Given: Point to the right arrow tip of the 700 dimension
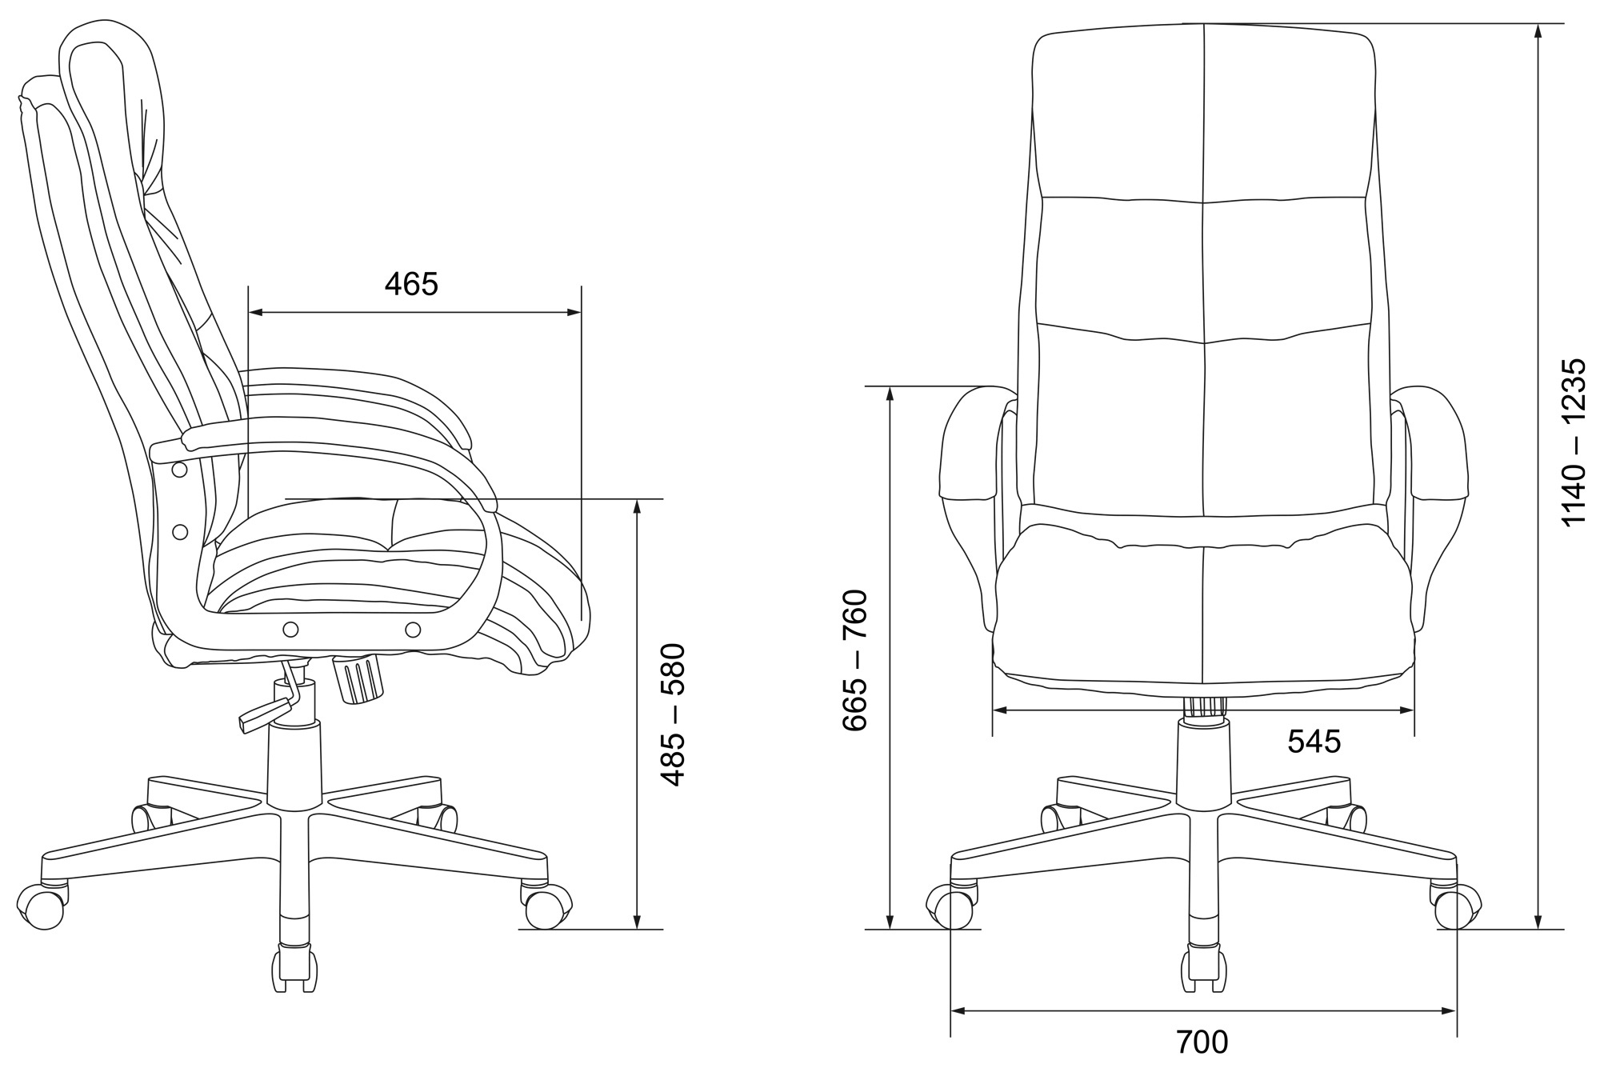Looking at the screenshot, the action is (x=1456, y=1011).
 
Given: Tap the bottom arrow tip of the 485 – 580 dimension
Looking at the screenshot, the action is (x=637, y=929).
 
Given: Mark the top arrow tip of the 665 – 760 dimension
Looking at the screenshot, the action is (x=890, y=387).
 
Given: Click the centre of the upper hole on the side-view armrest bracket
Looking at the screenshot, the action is (x=180, y=470).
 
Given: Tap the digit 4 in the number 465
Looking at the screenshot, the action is (x=394, y=284).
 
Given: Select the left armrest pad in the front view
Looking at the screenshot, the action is (x=969, y=443).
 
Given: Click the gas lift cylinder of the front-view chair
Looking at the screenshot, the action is (x=1202, y=761).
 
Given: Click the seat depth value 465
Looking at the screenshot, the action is (x=411, y=284).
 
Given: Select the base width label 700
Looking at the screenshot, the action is (x=1202, y=1043).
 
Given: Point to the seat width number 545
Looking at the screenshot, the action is (x=1314, y=742).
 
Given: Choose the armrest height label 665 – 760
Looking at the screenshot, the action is (x=854, y=659).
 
